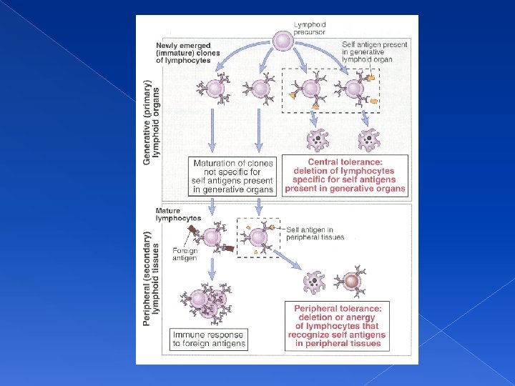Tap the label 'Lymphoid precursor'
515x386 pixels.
tap(310, 29)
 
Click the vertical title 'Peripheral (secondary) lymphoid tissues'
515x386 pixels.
tap(152, 277)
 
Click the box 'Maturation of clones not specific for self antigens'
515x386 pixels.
tap(232, 176)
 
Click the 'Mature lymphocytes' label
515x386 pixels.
tap(178, 214)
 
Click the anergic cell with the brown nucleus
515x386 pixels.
tap(352, 283)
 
